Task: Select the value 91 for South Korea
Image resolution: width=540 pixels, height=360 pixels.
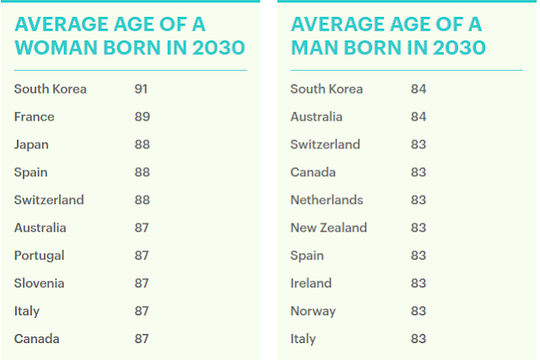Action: pyautogui.click(x=141, y=89)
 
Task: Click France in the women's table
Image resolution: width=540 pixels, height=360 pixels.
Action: pyautogui.click(x=34, y=117)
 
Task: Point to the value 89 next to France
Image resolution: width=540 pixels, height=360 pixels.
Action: pyautogui.click(x=143, y=117)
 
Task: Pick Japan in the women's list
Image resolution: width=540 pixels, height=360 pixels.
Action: pyautogui.click(x=31, y=145)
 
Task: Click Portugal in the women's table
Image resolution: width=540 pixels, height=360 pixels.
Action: pyautogui.click(x=40, y=255)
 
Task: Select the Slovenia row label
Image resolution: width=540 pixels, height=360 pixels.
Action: pyautogui.click(x=40, y=283)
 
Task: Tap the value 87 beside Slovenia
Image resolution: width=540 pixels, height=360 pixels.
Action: pyautogui.click(x=142, y=283)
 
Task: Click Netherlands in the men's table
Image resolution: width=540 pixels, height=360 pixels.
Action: pyautogui.click(x=327, y=200)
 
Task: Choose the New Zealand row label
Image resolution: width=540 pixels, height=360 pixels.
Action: pyautogui.click(x=329, y=228)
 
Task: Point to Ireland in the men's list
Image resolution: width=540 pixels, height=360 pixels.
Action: pyautogui.click(x=311, y=283)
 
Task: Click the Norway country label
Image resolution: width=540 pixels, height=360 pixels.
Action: pyautogui.click(x=313, y=311)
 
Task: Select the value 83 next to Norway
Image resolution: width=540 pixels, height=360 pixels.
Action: pyautogui.click(x=418, y=311)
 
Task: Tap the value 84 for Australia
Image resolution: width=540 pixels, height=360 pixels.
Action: pyautogui.click(x=418, y=117)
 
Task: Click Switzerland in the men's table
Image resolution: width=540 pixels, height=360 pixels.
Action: pyautogui.click(x=326, y=144)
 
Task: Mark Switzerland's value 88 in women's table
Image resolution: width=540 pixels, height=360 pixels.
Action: pyautogui.click(x=143, y=200)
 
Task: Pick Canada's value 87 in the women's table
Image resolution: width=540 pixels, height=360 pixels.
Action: pyautogui.click(x=142, y=339)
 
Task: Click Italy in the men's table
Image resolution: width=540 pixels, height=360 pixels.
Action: pyautogui.click(x=303, y=340)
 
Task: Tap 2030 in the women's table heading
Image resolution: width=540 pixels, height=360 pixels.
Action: pyautogui.click(x=219, y=47)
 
